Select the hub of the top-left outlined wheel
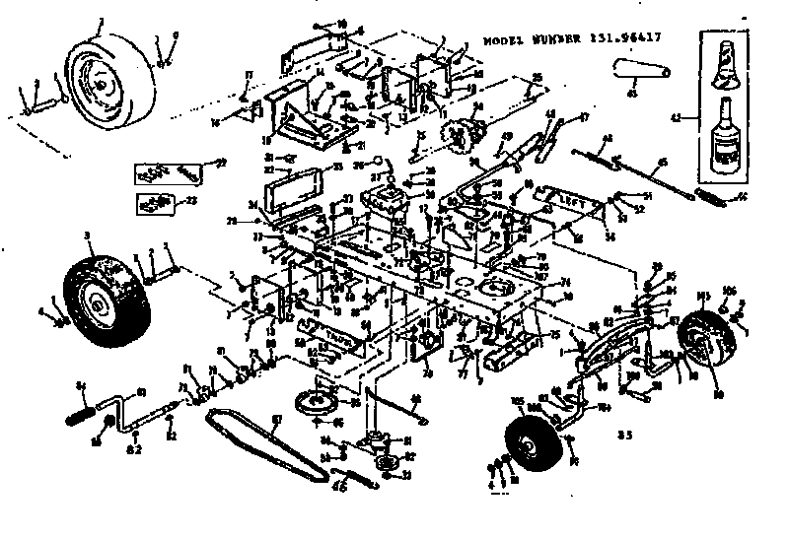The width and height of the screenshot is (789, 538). click(100, 86)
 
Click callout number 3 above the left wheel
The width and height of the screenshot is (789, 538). click(87, 235)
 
